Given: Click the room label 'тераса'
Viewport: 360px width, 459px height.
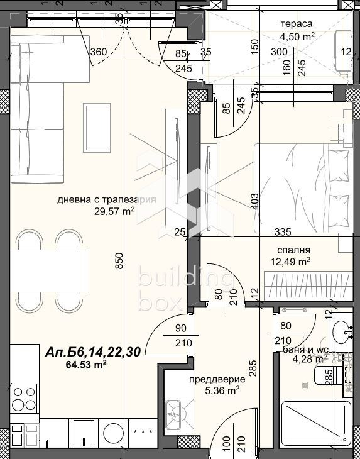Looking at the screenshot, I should coord(297,25).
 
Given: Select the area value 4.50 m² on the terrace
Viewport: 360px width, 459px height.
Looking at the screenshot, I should coord(297,36).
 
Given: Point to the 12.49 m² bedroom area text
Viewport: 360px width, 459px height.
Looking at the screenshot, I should coord(291,261).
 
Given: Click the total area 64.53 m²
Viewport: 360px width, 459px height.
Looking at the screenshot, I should coord(85,363).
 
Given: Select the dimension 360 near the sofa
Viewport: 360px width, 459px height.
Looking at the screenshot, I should coord(98,53).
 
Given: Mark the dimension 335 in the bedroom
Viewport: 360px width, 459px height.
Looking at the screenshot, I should coord(283,232).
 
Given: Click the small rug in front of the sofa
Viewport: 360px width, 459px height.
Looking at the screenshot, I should coord(97,123).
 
